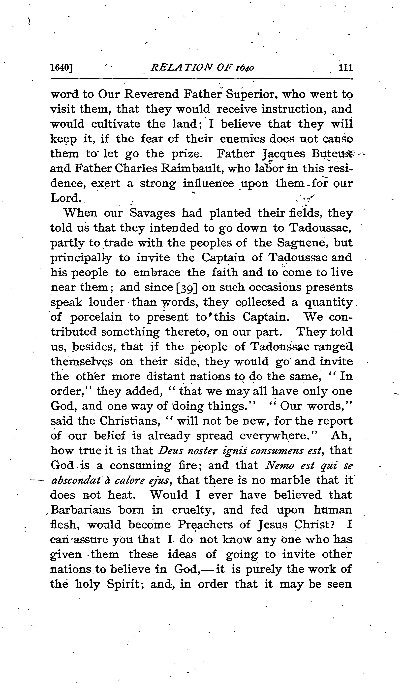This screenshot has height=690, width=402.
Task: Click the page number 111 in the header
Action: point(346,68)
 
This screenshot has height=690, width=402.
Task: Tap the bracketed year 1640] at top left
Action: point(62,68)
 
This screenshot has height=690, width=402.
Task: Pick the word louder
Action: point(107,302)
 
